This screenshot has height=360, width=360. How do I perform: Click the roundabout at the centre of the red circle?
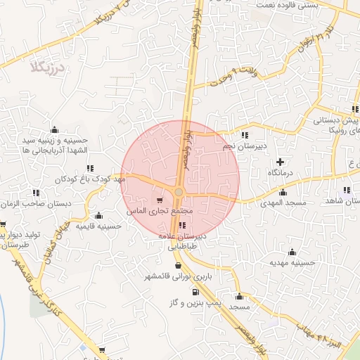179,192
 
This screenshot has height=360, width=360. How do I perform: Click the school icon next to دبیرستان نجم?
244,135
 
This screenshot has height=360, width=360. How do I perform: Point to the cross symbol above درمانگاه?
281,162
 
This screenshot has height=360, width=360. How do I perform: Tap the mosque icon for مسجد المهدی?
283,192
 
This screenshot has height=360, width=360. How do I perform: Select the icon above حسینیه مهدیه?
292,252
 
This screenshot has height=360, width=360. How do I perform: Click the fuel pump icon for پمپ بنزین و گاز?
195,292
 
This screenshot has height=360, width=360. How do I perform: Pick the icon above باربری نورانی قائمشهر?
176,266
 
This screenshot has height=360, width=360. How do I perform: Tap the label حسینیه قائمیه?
99,226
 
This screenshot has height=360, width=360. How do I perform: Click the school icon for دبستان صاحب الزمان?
36,193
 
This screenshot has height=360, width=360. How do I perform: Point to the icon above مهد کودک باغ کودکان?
90,168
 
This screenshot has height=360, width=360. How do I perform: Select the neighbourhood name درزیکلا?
48,67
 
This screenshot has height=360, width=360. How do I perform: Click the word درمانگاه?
281,172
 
